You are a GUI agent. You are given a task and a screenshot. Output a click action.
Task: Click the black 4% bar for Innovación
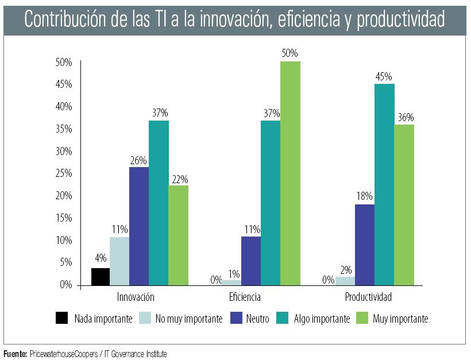(101, 277)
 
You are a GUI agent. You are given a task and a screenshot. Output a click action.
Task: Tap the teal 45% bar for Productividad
(384, 184)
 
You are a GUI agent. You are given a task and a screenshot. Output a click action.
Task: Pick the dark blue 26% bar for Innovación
(139, 226)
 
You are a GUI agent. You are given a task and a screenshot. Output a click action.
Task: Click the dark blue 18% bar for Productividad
(365, 245)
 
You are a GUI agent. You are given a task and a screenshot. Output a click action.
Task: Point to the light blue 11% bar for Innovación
(119, 261)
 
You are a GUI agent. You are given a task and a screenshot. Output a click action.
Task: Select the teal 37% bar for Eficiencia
(271, 203)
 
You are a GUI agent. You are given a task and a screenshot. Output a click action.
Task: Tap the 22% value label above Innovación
(179, 179)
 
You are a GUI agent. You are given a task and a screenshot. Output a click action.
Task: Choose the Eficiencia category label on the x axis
(245, 297)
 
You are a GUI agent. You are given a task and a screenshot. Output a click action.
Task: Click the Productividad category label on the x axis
(368, 297)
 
